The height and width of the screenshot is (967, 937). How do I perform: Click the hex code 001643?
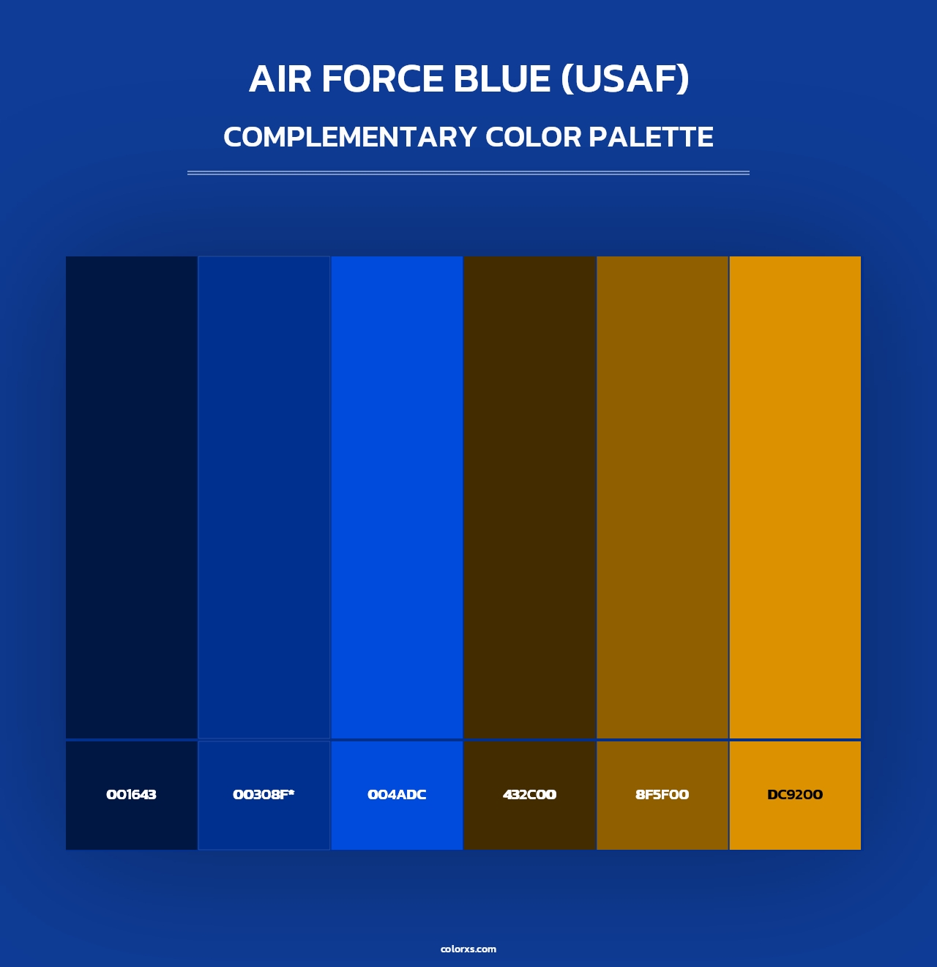tap(131, 795)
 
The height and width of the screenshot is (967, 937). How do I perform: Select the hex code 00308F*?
tap(264, 795)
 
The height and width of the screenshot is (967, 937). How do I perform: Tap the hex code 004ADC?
tap(397, 795)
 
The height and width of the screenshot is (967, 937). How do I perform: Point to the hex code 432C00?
tap(529, 795)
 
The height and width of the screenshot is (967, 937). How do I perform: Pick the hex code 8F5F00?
tap(662, 795)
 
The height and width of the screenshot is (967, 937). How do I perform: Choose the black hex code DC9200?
tap(795, 795)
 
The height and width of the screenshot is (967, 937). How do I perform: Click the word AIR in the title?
tap(280, 79)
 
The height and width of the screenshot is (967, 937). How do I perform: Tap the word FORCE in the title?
tap(382, 79)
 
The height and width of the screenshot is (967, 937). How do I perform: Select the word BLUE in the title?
tap(502, 79)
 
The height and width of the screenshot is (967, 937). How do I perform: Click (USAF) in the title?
tap(625, 79)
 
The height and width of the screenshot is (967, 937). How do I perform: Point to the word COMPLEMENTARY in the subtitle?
tap(350, 137)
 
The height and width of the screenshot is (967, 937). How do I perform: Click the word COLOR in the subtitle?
tap(534, 137)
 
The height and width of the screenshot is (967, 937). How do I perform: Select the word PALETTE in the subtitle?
tap(651, 137)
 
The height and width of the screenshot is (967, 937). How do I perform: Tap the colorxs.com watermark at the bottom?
tap(468, 949)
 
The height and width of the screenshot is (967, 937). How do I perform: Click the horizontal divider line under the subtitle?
tap(468, 173)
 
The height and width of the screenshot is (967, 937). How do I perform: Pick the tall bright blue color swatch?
tap(397, 497)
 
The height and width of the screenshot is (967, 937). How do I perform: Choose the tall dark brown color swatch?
tap(529, 497)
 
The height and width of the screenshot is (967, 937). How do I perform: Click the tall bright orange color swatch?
tap(795, 497)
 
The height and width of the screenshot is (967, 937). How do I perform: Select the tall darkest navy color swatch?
tap(131, 497)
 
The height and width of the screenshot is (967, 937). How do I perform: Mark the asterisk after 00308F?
tap(291, 792)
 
